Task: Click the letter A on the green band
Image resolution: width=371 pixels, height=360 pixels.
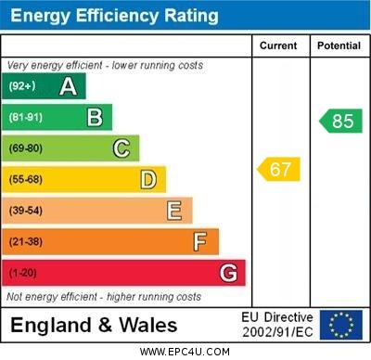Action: click(68, 86)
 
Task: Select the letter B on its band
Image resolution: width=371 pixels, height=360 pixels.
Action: click(95, 117)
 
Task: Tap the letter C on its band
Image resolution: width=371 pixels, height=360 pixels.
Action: click(122, 148)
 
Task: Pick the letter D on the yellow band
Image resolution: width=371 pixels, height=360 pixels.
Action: click(148, 179)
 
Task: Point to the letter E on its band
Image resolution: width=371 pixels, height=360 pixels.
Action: click(174, 211)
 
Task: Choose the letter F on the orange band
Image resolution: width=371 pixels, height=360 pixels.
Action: click(200, 242)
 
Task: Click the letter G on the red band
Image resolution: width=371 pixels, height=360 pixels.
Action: click(228, 273)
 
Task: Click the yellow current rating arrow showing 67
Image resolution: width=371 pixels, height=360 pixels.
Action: click(278, 169)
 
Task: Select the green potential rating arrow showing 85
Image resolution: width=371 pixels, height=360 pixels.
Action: click(340, 121)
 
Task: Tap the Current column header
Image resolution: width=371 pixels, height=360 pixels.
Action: click(278, 45)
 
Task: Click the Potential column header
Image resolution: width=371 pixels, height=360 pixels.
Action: click(339, 45)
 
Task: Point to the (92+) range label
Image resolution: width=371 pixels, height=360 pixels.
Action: click(23, 86)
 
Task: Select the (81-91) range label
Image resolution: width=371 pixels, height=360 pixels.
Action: click(26, 118)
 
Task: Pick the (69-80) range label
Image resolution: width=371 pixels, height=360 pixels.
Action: click(26, 148)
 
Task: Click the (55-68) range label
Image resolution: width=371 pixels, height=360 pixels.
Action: click(26, 180)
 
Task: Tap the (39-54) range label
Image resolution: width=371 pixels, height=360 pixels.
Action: click(26, 211)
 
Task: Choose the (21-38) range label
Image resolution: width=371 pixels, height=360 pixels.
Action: click(26, 242)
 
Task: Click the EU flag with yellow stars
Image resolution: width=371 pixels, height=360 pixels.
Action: click(340, 325)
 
